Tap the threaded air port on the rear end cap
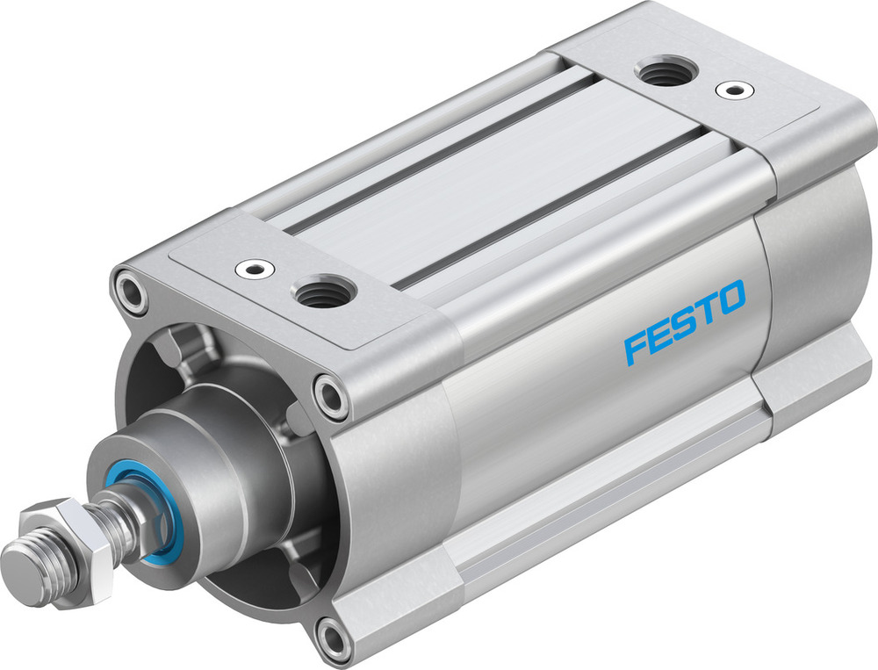(x=665, y=73)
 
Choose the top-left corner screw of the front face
(x=130, y=292)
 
